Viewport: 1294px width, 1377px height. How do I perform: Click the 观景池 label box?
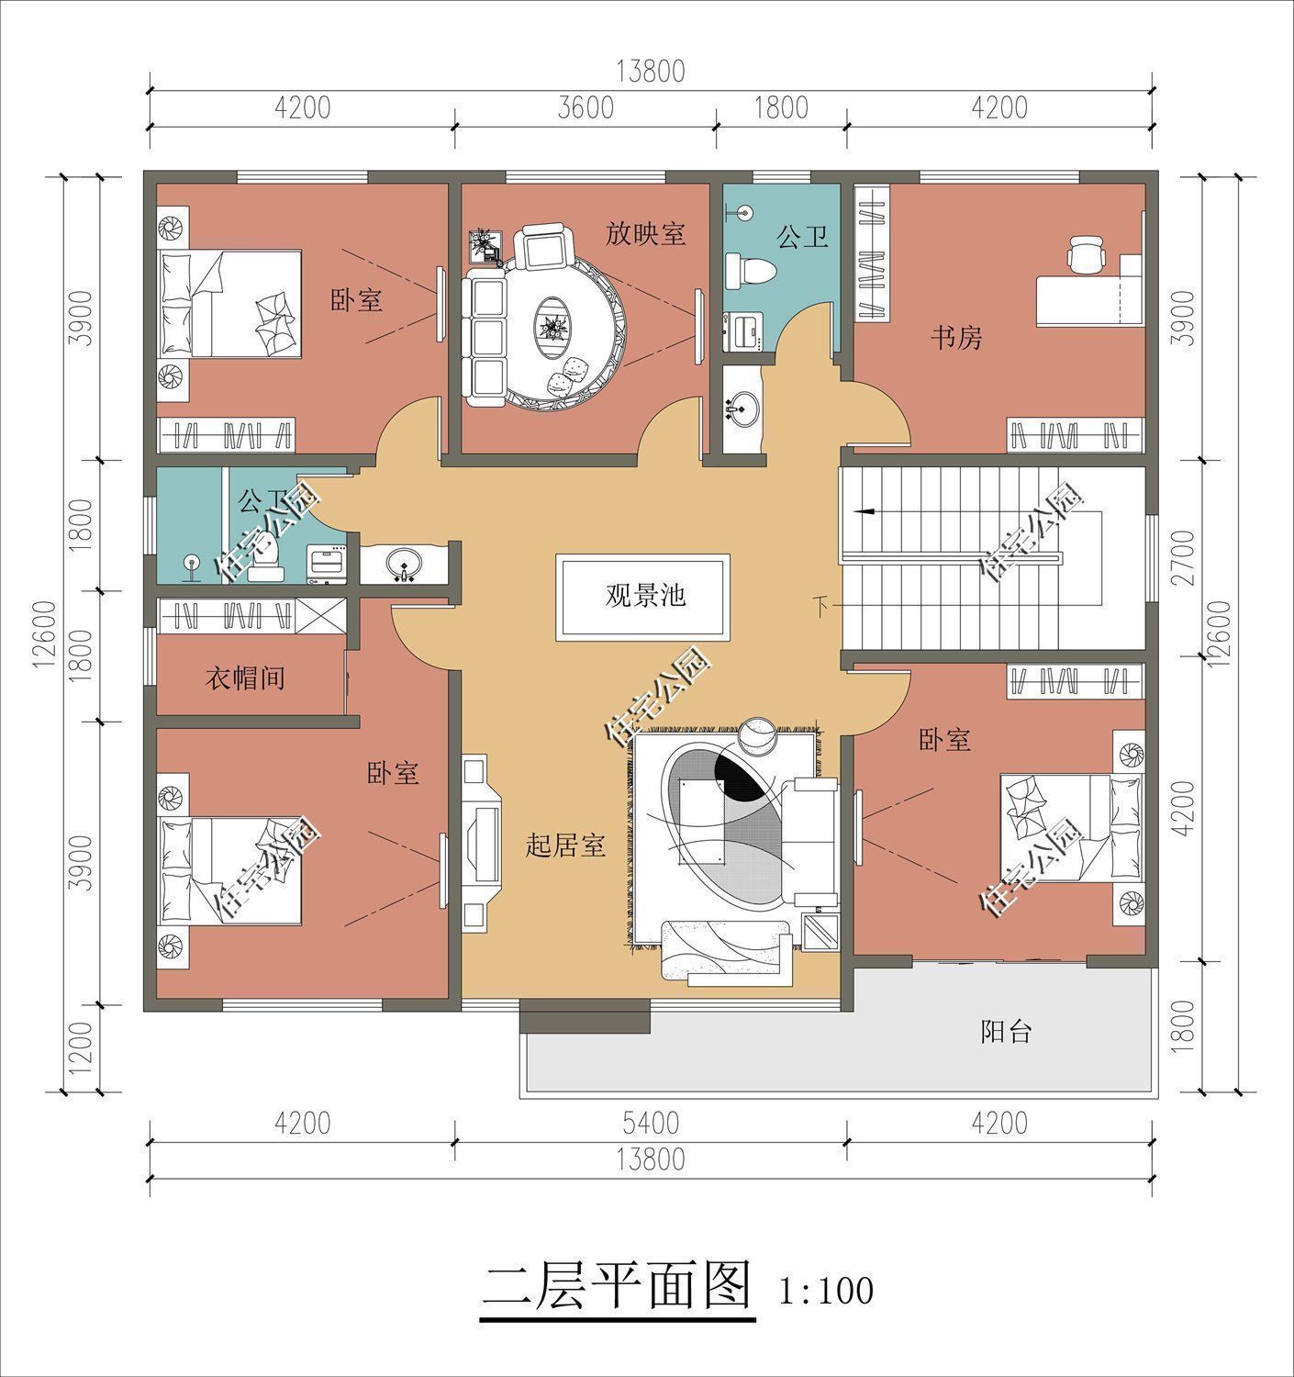643,597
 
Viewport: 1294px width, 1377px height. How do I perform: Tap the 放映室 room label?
645,233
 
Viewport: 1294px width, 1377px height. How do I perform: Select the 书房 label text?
956,338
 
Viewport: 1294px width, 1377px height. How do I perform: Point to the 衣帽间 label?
243,678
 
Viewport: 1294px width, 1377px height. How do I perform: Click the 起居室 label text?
564,845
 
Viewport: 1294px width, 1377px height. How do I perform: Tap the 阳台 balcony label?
1006,1032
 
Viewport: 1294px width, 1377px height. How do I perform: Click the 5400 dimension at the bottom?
649,1123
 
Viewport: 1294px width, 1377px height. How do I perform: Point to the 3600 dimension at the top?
586,108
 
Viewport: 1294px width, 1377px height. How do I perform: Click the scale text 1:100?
826,1291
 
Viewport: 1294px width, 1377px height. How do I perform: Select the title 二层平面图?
617,1285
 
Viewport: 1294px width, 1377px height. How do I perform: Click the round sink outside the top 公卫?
742,407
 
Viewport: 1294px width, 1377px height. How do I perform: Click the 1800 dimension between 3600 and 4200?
780,108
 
